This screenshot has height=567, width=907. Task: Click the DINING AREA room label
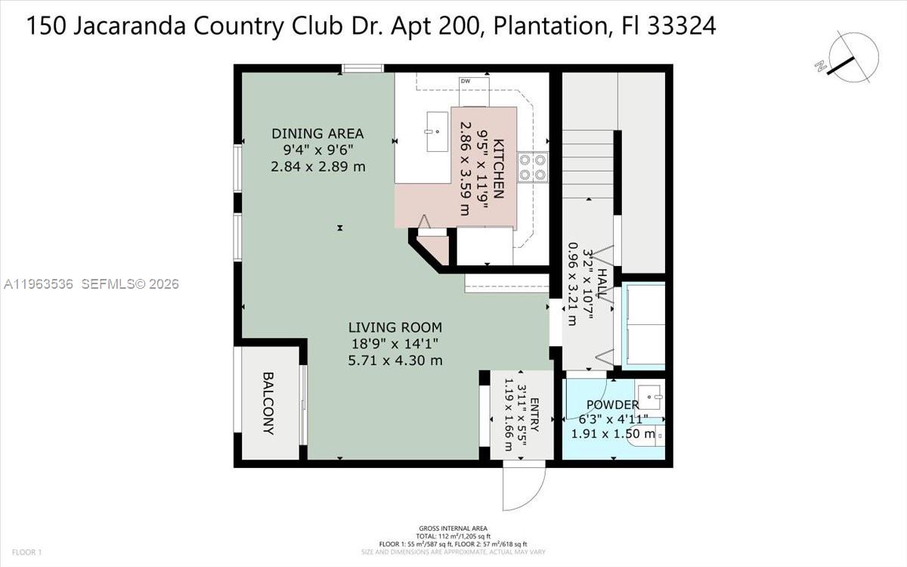317,134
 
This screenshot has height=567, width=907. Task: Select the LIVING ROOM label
395,327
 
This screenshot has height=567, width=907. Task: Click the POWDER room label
612,405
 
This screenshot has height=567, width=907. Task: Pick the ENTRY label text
535,415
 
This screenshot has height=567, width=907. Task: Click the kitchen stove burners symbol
532,167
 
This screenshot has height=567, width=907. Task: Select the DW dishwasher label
465,81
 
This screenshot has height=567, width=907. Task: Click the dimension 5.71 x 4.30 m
395,361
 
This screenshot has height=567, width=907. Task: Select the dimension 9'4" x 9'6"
317,150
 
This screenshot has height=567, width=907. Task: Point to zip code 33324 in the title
681,26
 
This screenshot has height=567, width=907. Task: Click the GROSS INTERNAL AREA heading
453,528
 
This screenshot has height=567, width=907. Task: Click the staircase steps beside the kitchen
587,163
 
